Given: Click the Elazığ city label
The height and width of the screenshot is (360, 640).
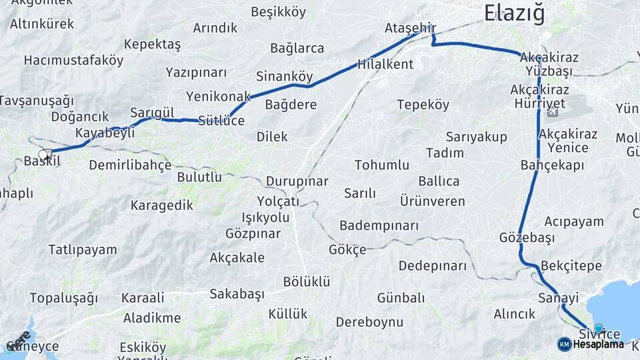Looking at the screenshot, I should click(x=514, y=13).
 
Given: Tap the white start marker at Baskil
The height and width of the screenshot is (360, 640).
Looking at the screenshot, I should click(x=44, y=155).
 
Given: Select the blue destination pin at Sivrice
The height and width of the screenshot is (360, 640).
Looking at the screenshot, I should click(x=598, y=328).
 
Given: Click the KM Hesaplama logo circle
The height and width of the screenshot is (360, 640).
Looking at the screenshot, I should click(x=564, y=344).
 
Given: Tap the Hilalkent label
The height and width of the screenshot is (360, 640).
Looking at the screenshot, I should click(x=385, y=65).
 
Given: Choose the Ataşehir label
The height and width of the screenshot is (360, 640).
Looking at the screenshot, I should click(x=410, y=28).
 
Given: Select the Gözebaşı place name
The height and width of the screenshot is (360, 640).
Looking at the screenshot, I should click(x=527, y=237).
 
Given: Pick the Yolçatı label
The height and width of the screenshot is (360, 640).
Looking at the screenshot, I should click(x=278, y=201).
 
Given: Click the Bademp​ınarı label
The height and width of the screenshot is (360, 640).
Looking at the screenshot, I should click(x=379, y=225).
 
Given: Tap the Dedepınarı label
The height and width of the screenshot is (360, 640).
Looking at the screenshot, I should click(x=433, y=265).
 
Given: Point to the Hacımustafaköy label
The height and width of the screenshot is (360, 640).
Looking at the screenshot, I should click(x=73, y=60).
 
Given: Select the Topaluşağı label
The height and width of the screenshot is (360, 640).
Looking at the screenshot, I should click(x=63, y=298).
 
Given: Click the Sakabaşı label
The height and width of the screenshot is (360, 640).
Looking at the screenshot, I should click(x=237, y=293).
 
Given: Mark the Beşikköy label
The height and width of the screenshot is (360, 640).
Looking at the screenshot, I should click(x=278, y=12).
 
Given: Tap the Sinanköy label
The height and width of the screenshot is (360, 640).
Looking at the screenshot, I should click(x=284, y=76).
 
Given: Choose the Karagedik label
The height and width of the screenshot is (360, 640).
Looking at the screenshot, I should click(x=161, y=205).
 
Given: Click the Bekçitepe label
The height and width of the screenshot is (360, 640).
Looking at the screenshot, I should click(x=571, y=266).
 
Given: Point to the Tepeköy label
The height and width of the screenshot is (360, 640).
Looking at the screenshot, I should click(x=423, y=105).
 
